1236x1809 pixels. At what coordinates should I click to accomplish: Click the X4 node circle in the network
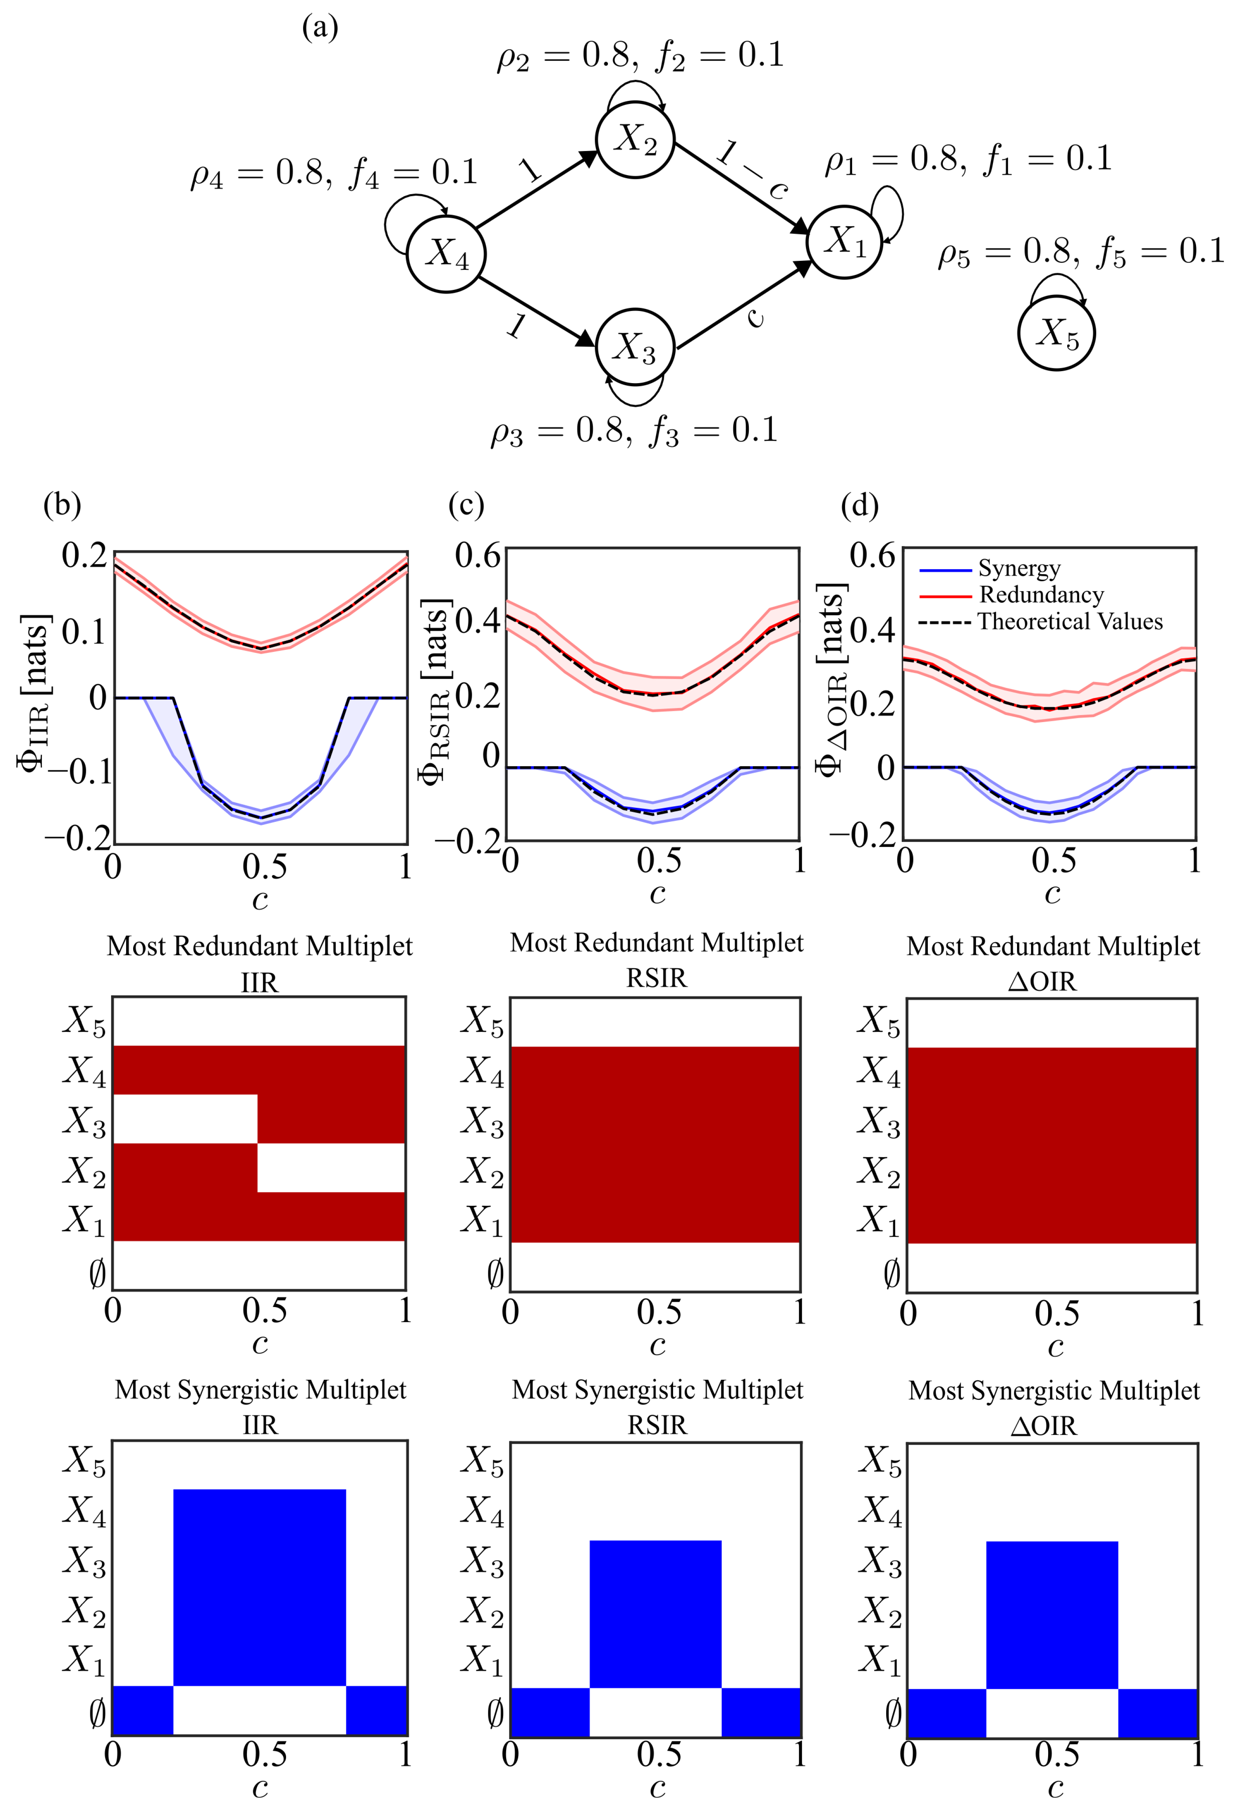pos(446,254)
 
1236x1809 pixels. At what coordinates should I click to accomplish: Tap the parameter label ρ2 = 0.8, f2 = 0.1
pos(640,56)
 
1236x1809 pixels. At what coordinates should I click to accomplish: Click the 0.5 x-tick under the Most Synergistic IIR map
pos(264,1755)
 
